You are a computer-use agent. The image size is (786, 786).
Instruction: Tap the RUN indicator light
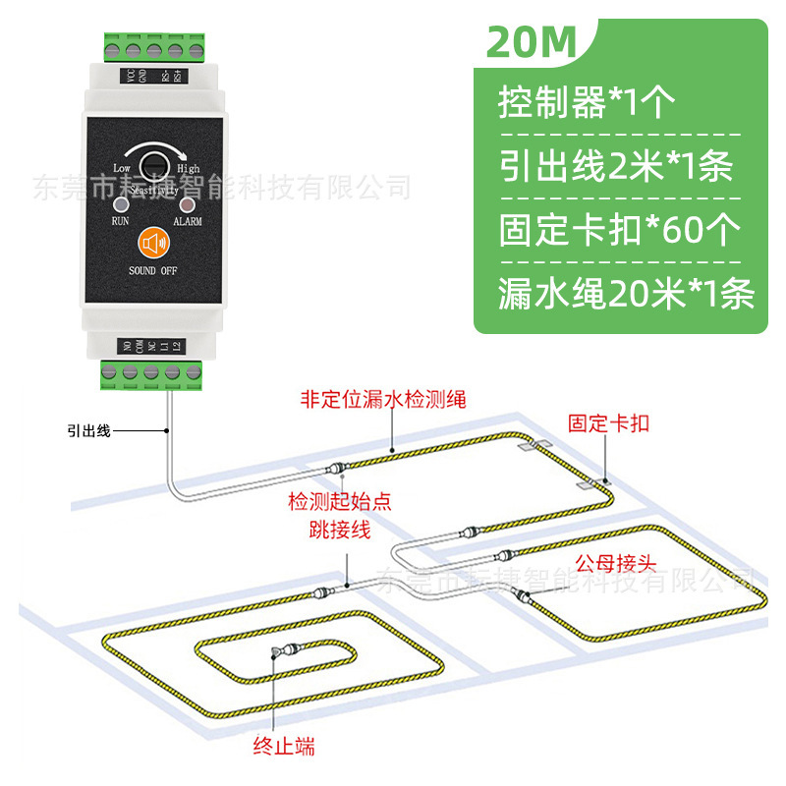(122, 204)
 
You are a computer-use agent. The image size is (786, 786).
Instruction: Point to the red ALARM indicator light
(184, 204)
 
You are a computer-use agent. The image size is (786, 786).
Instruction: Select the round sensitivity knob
(152, 163)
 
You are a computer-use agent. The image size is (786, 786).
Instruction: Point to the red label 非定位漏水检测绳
(382, 399)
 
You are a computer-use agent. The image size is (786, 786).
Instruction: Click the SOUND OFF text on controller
(152, 269)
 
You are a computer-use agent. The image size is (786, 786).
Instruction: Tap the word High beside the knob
(189, 169)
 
